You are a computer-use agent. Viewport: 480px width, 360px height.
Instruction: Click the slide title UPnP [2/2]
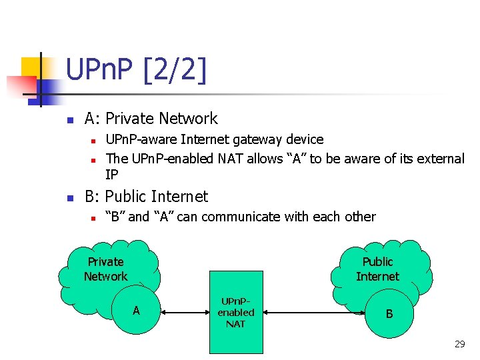point(136,70)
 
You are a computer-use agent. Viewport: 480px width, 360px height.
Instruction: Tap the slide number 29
point(459,344)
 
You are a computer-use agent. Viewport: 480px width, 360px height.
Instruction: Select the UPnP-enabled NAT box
point(236,312)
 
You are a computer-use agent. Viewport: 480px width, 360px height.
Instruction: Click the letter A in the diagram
point(136,311)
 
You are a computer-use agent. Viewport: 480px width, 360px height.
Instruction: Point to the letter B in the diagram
point(389,313)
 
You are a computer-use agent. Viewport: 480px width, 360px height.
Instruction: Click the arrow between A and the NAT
point(185,311)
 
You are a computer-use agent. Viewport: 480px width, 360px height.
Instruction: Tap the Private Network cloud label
point(105,269)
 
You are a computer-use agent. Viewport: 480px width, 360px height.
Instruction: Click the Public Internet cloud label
point(377,269)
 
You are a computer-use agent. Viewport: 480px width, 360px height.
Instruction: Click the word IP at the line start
point(112,175)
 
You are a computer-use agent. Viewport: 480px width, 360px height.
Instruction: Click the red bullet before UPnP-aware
point(94,141)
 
